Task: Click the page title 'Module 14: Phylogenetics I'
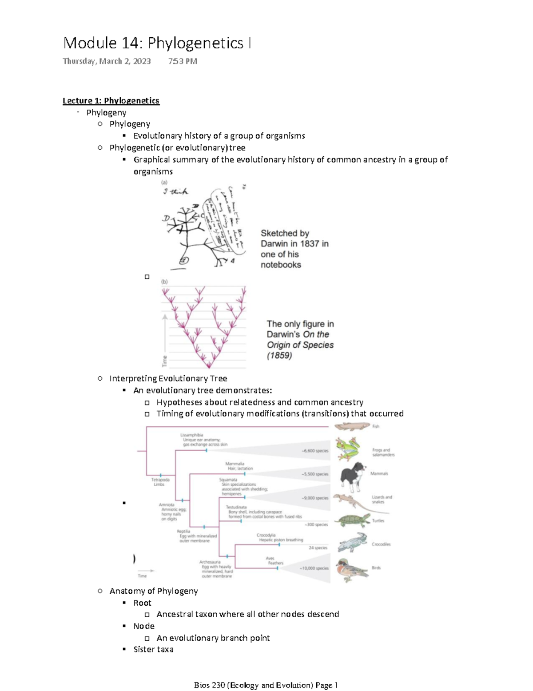157,43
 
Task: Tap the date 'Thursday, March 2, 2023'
107,61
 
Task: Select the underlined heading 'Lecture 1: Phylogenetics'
111,101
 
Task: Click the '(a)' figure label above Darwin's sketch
164,182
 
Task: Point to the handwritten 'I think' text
175,191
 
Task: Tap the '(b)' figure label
164,282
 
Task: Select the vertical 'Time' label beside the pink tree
165,361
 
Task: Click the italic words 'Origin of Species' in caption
300,345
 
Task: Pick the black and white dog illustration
353,477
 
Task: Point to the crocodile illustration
353,543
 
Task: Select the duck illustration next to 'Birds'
351,570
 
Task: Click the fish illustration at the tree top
352,426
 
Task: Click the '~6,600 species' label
315,451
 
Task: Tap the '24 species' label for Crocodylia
318,548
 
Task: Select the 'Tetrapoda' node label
160,480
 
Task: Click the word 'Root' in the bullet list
142,603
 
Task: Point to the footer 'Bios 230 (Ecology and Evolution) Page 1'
266,685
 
